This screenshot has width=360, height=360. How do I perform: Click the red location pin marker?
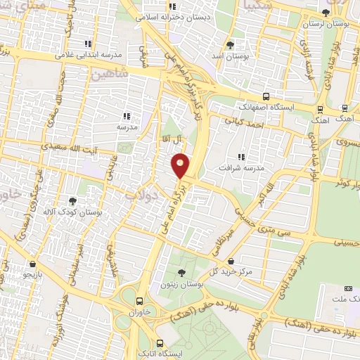pyautogui.click(x=181, y=165)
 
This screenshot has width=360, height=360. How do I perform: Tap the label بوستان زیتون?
pyautogui.click(x=181, y=285)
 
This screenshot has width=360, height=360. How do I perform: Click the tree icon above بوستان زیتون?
pyautogui.click(x=181, y=273)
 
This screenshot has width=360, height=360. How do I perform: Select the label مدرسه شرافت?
pyautogui.click(x=241, y=169)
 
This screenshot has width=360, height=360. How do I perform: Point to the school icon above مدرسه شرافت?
pyautogui.click(x=241, y=157)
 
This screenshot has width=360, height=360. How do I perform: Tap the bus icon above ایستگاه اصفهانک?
pyautogui.click(x=266, y=97)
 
